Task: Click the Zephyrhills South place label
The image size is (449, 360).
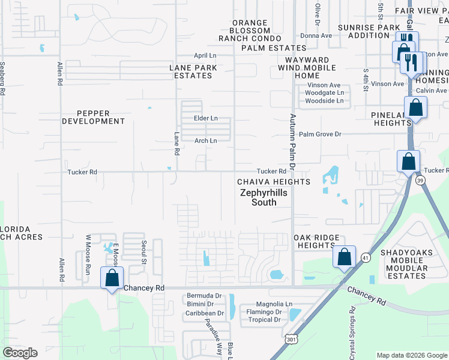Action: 264,198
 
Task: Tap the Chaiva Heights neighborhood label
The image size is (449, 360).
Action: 274,182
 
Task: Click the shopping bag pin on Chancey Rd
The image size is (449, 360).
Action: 112,278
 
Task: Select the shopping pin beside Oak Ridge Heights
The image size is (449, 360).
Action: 345,257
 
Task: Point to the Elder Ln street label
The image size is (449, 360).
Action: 205,118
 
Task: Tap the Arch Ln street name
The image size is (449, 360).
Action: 205,141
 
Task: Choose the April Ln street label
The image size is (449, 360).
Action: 204,55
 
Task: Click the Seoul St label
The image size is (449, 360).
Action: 144,253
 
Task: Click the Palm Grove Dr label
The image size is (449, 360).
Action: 320,134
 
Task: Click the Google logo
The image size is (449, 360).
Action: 20,353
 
